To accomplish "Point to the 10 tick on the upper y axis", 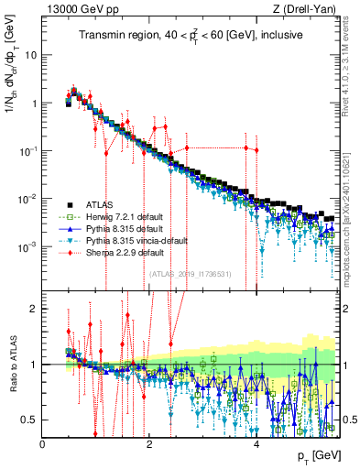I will (x=30, y=55).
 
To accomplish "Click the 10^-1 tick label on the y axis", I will (x=27, y=151).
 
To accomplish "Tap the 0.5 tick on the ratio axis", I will (x=29, y=420).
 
